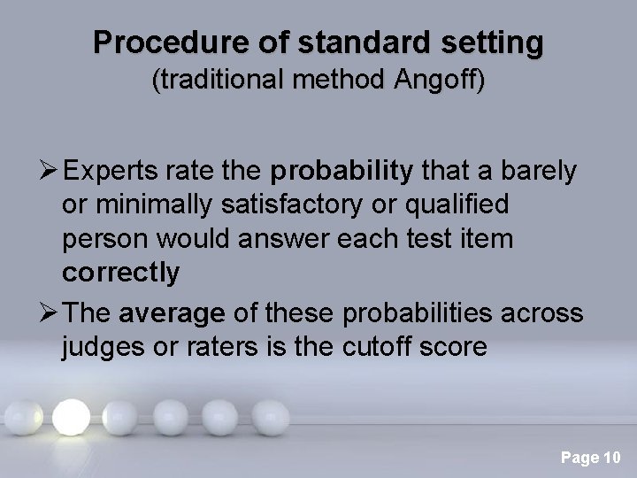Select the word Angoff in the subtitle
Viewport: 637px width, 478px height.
tap(432, 81)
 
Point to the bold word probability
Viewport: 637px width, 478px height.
tap(342, 171)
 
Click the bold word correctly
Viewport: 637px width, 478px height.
tap(119, 274)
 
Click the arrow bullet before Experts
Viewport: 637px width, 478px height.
tap(46, 171)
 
